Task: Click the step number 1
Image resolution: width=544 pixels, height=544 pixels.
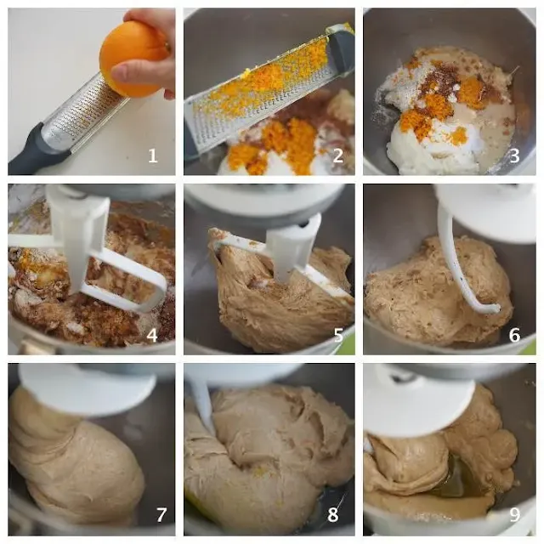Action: (x=153, y=156)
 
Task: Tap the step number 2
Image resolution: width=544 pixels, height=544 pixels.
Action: (x=337, y=156)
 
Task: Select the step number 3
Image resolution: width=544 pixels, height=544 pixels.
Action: (x=514, y=156)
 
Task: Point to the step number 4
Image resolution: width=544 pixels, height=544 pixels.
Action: (x=152, y=335)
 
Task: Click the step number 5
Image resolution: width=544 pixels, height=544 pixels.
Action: (x=338, y=335)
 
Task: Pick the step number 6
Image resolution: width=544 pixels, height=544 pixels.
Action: (x=514, y=335)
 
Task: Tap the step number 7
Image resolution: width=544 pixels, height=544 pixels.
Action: (x=161, y=515)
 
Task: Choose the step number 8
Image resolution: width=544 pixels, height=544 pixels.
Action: (x=333, y=515)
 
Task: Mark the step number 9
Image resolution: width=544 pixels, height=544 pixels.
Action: (x=515, y=515)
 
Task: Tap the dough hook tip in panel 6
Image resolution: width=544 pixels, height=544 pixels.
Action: (x=495, y=308)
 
